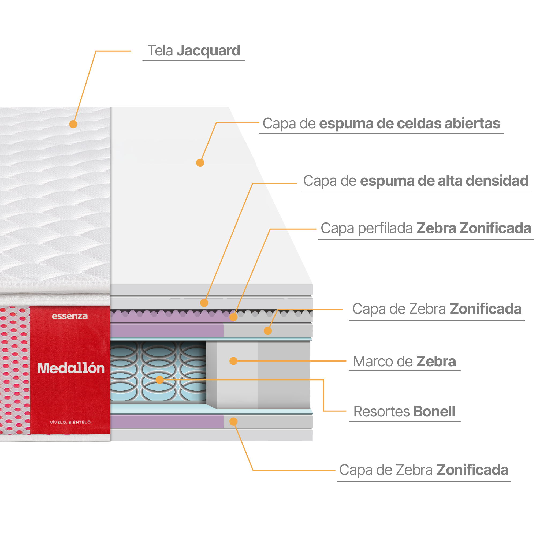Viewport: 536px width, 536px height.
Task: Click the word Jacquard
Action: pos(208,51)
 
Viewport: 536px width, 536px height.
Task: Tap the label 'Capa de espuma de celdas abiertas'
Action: pos(381,124)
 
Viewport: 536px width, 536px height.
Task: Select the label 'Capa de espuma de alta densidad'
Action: pos(416,181)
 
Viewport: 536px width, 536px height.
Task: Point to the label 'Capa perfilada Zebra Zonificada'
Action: pos(426,228)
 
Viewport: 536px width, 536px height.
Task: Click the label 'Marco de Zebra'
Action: pos(404,362)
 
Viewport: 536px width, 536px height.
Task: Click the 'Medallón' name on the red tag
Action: pos(71,368)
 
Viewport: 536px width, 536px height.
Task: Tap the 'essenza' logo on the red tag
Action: pos(70,316)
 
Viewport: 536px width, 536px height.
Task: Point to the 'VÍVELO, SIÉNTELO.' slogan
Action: pos(70,422)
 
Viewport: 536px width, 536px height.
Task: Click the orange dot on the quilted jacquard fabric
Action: pos(73,124)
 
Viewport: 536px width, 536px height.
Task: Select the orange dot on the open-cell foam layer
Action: pos(200,163)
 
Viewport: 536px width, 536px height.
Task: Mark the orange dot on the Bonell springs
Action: pos(159,379)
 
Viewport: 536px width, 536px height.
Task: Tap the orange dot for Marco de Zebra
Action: pos(234,361)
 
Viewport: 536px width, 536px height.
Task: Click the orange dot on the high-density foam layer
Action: pos(204,303)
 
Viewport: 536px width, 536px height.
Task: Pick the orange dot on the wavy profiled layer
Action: pos(234,317)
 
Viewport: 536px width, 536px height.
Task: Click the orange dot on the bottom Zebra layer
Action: pos(234,422)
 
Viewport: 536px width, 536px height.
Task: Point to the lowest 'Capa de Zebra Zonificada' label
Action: pos(424,470)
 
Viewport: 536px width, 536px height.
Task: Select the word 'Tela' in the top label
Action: pos(160,51)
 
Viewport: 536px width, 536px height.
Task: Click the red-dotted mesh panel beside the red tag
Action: pos(14,370)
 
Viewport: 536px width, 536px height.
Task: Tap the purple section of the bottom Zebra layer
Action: pos(166,422)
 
